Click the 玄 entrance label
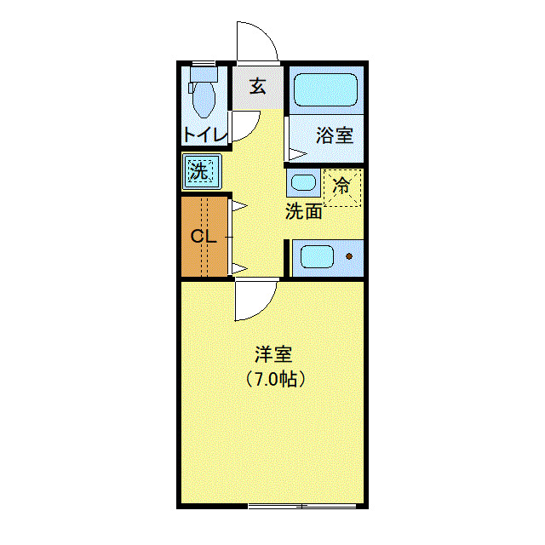pos(258,86)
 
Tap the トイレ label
pos(204,135)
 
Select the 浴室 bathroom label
pos(335,135)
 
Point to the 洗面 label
pos(303,211)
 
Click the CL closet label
pos(204,236)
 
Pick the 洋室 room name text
pos(272,352)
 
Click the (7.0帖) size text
pos(275,379)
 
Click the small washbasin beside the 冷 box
pos(302,182)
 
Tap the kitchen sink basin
pos(316,255)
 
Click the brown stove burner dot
pos(348,255)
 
